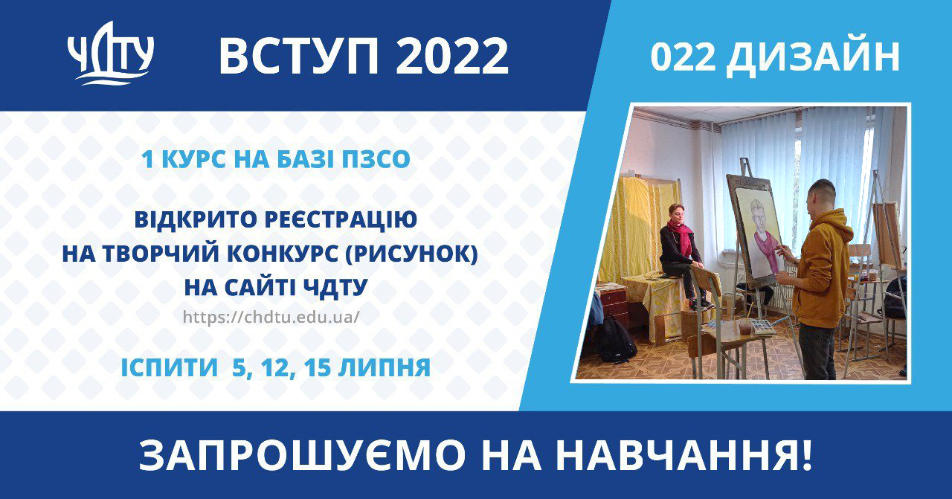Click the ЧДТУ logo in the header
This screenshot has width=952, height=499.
tap(111, 53)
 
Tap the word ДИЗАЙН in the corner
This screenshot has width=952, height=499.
tap(813, 58)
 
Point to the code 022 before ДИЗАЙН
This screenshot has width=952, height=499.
tap(683, 58)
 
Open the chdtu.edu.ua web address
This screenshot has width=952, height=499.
tap(271, 317)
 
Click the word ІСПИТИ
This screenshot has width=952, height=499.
tap(170, 367)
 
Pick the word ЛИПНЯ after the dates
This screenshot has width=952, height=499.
tap(385, 367)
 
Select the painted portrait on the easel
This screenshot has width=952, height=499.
tap(760, 234)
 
